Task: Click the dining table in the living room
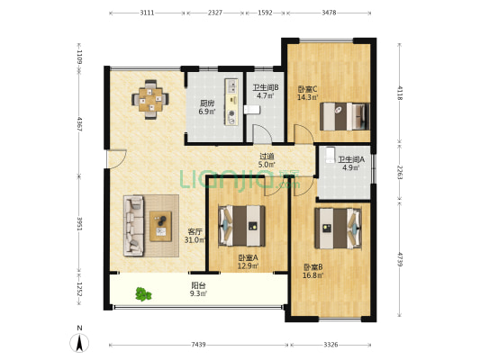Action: (150, 99)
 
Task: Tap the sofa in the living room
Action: (134, 226)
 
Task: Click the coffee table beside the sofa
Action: (160, 226)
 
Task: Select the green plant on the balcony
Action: (143, 294)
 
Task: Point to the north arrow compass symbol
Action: (79, 343)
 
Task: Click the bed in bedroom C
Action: (344, 116)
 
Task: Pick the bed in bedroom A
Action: (241, 226)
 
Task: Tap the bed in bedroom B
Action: (338, 229)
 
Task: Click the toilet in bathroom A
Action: (330, 155)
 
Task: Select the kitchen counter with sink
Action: (231, 102)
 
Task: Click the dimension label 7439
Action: (198, 345)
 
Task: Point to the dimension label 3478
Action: (329, 13)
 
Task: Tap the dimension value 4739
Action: (400, 259)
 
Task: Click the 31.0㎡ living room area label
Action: (195, 240)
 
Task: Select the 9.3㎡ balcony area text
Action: (198, 294)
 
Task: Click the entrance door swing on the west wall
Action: (117, 158)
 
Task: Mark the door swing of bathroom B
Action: (262, 133)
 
